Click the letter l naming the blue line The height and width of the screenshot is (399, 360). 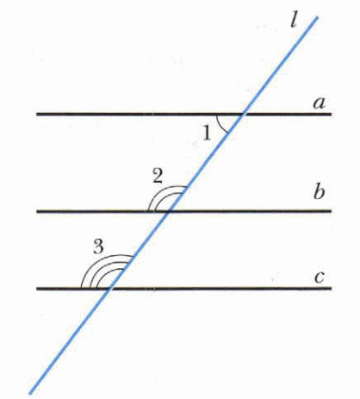coord(294,20)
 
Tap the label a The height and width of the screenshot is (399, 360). coord(320,103)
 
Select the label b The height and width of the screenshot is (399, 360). coord(319,192)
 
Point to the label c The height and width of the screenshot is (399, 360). coord(320,277)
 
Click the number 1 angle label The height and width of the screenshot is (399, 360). coord(207,134)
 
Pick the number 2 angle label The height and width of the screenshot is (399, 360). coord(158,176)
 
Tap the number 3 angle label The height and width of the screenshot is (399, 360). coord(98,246)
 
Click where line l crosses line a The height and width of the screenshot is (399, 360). coord(244,114)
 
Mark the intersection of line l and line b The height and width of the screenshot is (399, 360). coord(169,211)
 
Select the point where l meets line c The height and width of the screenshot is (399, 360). coord(109,288)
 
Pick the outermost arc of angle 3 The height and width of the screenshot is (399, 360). coord(96,261)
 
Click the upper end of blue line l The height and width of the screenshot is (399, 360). coord(317,17)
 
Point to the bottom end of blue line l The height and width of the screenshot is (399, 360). coord(30,393)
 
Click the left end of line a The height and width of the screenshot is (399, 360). coord(37,114)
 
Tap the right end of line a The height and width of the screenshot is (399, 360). coord(332,114)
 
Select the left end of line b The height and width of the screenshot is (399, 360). coord(37,211)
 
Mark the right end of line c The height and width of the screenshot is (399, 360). coord(332,288)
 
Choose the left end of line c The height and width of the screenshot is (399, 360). coord(37,288)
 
